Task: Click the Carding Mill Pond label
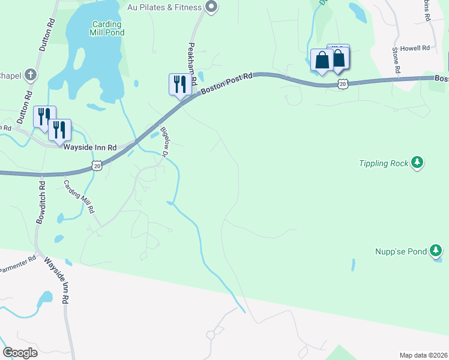click(x=108, y=28)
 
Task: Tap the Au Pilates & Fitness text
click(x=164, y=8)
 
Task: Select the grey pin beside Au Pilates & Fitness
click(x=211, y=7)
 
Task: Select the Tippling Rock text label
click(x=384, y=163)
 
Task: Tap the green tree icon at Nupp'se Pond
click(x=436, y=251)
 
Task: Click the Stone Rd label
click(x=396, y=61)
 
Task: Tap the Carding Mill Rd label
click(x=80, y=197)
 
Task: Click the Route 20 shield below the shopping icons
click(x=342, y=85)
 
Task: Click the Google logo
click(x=20, y=353)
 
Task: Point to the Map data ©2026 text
click(x=424, y=355)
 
